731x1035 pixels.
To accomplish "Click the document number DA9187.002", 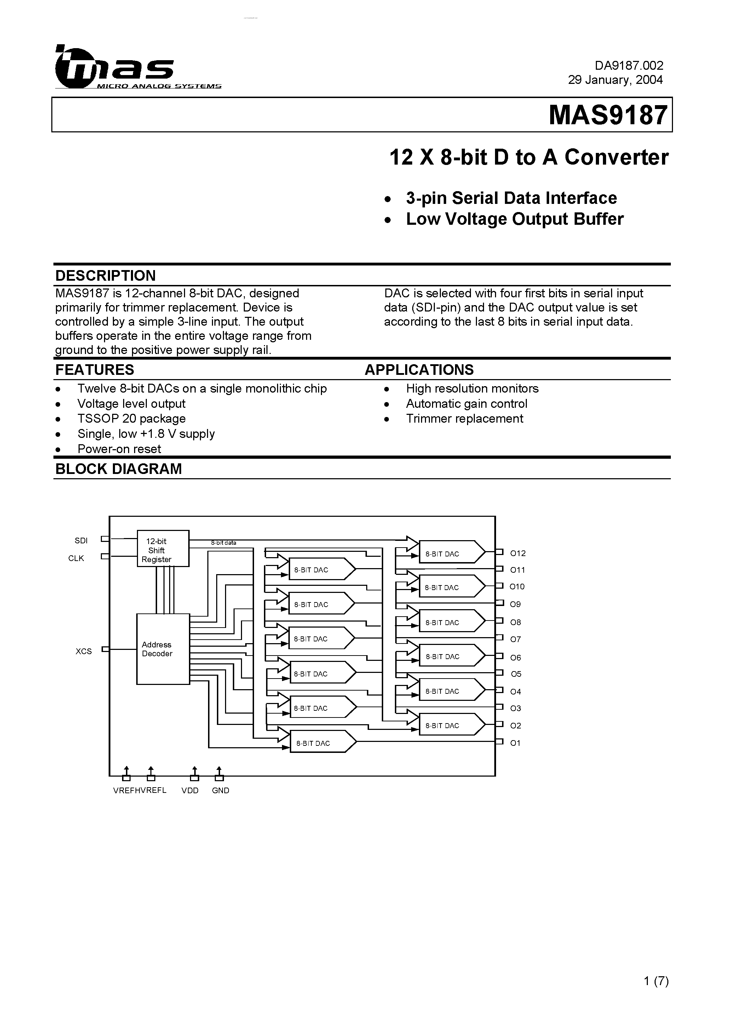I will pos(629,66).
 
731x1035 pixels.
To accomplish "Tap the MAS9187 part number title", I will pos(608,115).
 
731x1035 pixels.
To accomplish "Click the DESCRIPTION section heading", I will pos(105,275).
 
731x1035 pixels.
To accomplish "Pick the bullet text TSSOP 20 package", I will pos(131,419).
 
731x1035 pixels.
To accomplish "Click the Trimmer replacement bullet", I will pos(464,419).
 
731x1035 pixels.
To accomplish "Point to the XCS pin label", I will pos(84,651).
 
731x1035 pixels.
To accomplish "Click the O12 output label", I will pos(518,553).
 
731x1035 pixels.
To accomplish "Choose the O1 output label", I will pos(515,743).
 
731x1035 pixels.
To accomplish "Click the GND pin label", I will pos(220,791).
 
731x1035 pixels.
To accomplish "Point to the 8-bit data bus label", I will pos(224,543).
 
